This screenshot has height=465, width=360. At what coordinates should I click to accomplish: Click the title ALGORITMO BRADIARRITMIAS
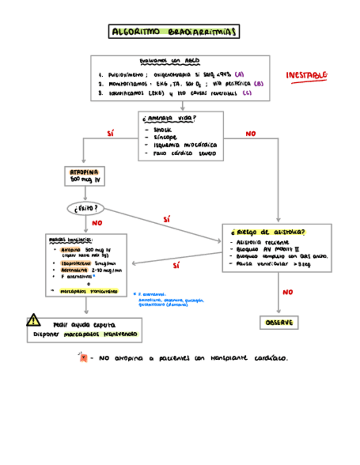pyautogui.click(x=175, y=32)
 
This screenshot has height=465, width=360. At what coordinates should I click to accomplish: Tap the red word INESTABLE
pyautogui.click(x=307, y=75)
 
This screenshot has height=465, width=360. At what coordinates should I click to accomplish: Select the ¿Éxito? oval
pyautogui.click(x=86, y=208)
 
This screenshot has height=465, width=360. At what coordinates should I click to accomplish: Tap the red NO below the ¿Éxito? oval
pyautogui.click(x=97, y=223)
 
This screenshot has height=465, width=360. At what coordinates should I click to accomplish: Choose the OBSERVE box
pyautogui.click(x=279, y=323)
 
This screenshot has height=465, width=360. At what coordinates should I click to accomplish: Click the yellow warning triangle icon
pyautogui.click(x=33, y=319)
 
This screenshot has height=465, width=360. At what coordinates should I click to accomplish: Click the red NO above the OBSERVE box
pyautogui.click(x=288, y=293)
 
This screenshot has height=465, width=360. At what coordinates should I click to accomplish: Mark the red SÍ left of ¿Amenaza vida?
pyautogui.click(x=110, y=133)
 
